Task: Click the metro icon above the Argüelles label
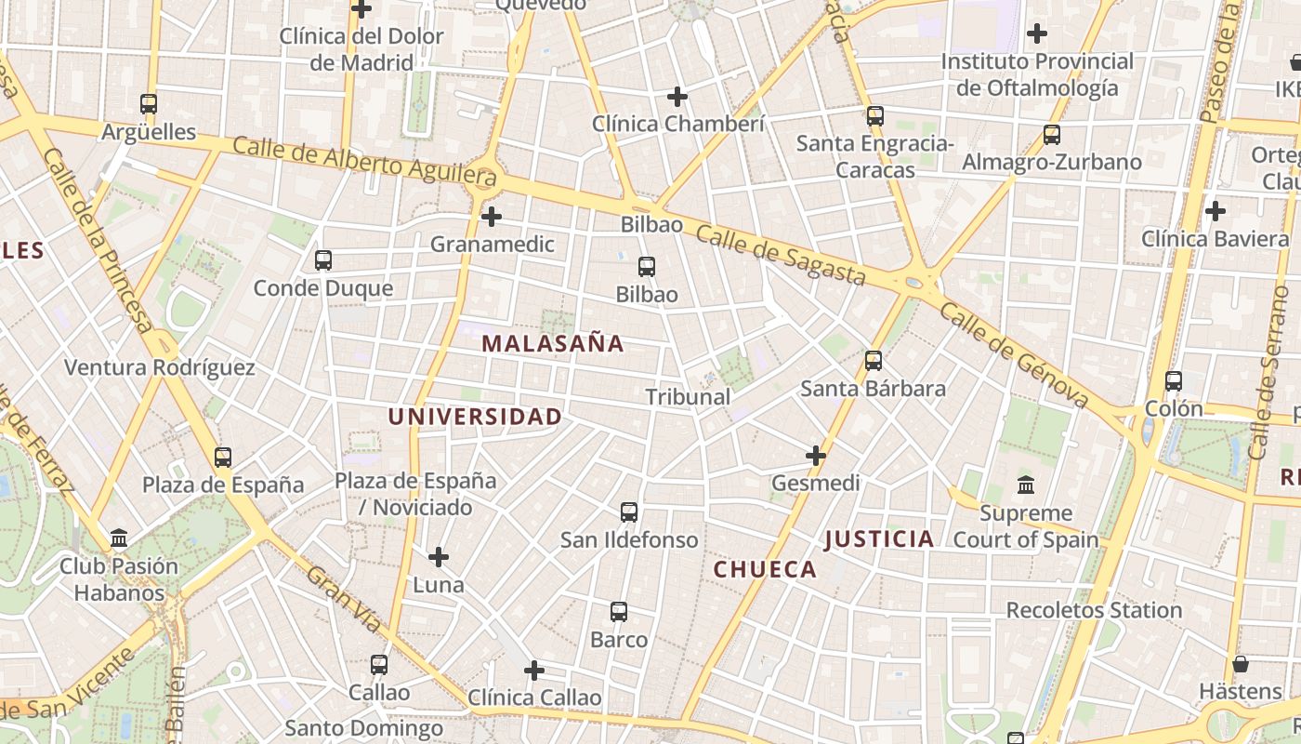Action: point(149,104)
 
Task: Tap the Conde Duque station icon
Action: point(323,260)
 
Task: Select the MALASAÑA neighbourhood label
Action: point(553,343)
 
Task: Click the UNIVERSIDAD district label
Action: point(475,417)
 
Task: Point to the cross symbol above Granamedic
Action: point(492,217)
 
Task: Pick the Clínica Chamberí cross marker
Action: point(677,96)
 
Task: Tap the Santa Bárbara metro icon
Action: point(874,361)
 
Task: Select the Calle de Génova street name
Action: point(1013,355)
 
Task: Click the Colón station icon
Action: point(1174,381)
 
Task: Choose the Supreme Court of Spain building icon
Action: point(1026,485)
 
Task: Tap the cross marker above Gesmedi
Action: point(816,456)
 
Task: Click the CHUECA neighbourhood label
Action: point(765,569)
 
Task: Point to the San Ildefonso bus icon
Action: point(629,512)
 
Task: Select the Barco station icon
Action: point(619,612)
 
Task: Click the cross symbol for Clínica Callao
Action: point(534,670)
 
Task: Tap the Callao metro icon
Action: point(379,665)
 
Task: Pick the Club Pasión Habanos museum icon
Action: point(119,538)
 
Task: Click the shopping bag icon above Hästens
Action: point(1241,664)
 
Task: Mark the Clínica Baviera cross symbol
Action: point(1215,211)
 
